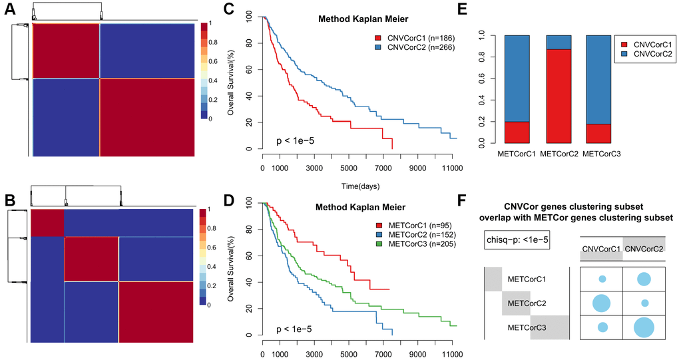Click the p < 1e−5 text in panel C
[x=296, y=140]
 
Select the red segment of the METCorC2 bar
[x=560, y=96]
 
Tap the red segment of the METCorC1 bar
[x=517, y=132]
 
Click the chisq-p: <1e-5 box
[x=517, y=240]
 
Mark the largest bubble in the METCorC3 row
[x=644, y=327]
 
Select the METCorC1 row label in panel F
[x=526, y=279]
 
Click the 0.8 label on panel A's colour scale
[x=212, y=42]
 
